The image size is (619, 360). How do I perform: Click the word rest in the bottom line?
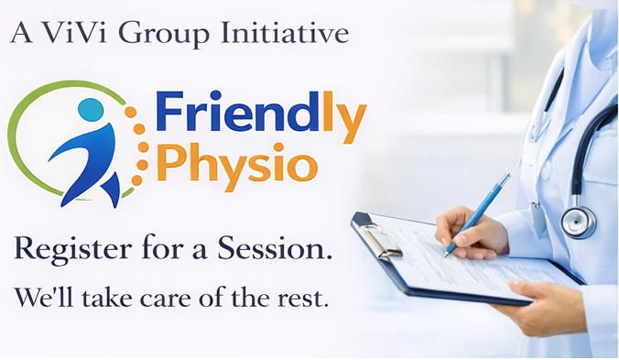pyautogui.click(x=308, y=298)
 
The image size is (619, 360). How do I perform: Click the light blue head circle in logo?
pyautogui.click(x=91, y=109)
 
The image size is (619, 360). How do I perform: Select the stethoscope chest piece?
pyautogui.click(x=577, y=221)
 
